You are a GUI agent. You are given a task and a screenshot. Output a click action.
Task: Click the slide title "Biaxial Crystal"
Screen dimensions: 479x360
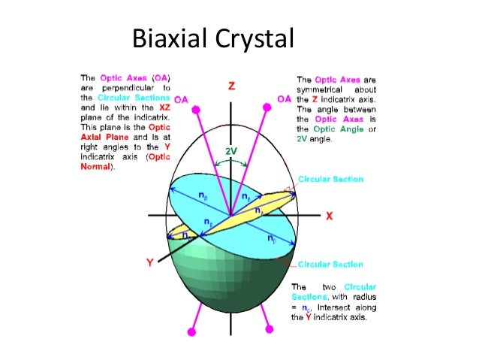[x=212, y=37]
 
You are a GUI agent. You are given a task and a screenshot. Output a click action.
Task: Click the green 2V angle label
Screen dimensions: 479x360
[x=231, y=151]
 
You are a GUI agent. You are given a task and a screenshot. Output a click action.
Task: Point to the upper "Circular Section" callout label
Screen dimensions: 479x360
[x=330, y=180]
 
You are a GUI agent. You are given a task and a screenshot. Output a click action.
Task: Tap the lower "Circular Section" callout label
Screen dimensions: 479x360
[x=330, y=265]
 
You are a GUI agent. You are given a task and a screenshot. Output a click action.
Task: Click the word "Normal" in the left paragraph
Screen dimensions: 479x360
[x=98, y=168]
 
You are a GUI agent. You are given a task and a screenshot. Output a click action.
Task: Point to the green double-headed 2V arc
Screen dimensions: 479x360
[x=231, y=160]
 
